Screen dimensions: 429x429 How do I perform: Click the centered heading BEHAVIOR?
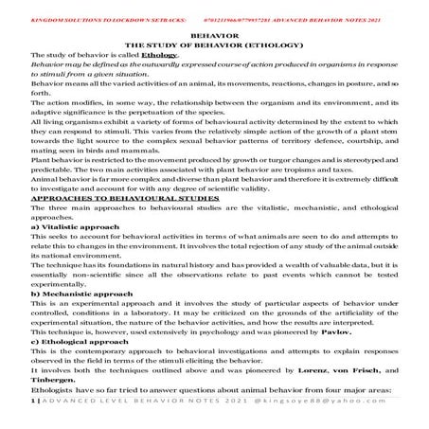pos(214,32)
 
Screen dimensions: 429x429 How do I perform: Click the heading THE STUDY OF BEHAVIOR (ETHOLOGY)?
pos(214,44)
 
